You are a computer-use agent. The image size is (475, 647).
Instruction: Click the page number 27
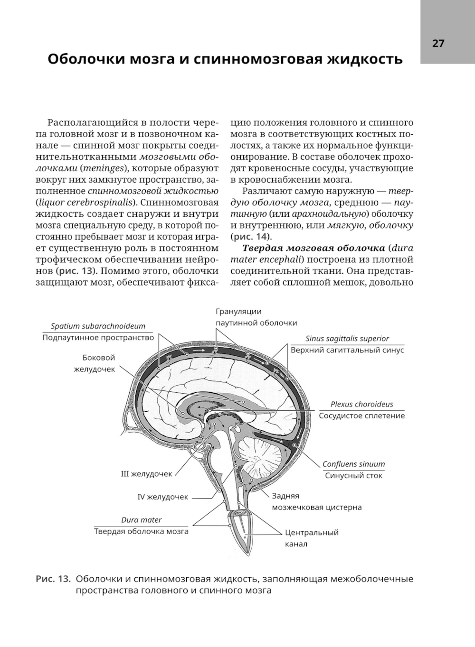(438, 44)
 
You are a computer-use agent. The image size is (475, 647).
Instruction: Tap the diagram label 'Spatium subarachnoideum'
(98, 326)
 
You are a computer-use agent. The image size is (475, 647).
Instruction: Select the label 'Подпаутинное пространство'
(98, 338)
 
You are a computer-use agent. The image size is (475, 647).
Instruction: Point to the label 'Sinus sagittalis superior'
(347, 339)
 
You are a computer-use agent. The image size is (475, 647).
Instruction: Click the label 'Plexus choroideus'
(362, 405)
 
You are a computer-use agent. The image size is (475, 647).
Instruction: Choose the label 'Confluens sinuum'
(353, 464)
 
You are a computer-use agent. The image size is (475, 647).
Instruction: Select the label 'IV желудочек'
(162, 497)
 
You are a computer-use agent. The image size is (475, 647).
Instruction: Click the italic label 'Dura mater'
(141, 520)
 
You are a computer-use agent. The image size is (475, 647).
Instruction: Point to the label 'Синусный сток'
(353, 475)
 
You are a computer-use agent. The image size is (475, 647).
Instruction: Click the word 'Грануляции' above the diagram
(238, 312)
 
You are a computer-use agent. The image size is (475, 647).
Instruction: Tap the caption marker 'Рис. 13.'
(53, 579)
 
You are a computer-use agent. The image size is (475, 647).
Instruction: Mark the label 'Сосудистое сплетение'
(362, 416)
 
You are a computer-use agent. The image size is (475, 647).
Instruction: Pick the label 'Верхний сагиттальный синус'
(347, 350)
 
